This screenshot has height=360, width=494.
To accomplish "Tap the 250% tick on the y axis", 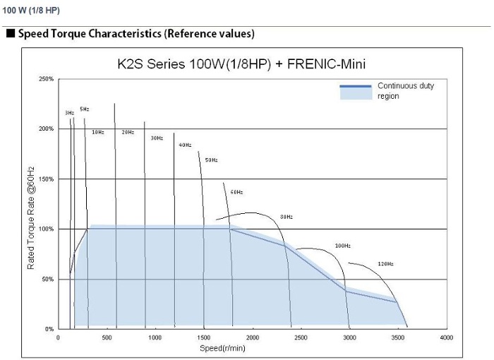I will pyautogui.click(x=47, y=79).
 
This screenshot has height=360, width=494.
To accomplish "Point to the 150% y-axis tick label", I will pyautogui.click(x=47, y=179).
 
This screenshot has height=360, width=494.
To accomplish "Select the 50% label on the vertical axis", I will pyautogui.click(x=48, y=280).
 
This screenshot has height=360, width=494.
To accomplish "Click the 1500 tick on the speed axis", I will pyautogui.click(x=204, y=338).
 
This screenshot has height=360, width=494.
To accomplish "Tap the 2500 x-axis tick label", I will pyautogui.click(x=301, y=338).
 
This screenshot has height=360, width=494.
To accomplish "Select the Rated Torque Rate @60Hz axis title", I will pyautogui.click(x=31, y=217).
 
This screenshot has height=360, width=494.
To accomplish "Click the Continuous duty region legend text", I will pyautogui.click(x=405, y=91).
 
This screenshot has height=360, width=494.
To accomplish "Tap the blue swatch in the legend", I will pyautogui.click(x=355, y=91).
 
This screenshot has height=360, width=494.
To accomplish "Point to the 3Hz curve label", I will pyautogui.click(x=69, y=113).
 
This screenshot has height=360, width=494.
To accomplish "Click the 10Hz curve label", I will pyautogui.click(x=97, y=132).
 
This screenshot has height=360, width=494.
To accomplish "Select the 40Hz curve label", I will pyautogui.click(x=185, y=145).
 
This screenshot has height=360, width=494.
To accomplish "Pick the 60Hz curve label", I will pyautogui.click(x=236, y=192).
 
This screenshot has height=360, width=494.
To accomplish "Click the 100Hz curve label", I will pyautogui.click(x=342, y=246).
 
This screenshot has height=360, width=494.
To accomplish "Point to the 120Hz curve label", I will pyautogui.click(x=385, y=264).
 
